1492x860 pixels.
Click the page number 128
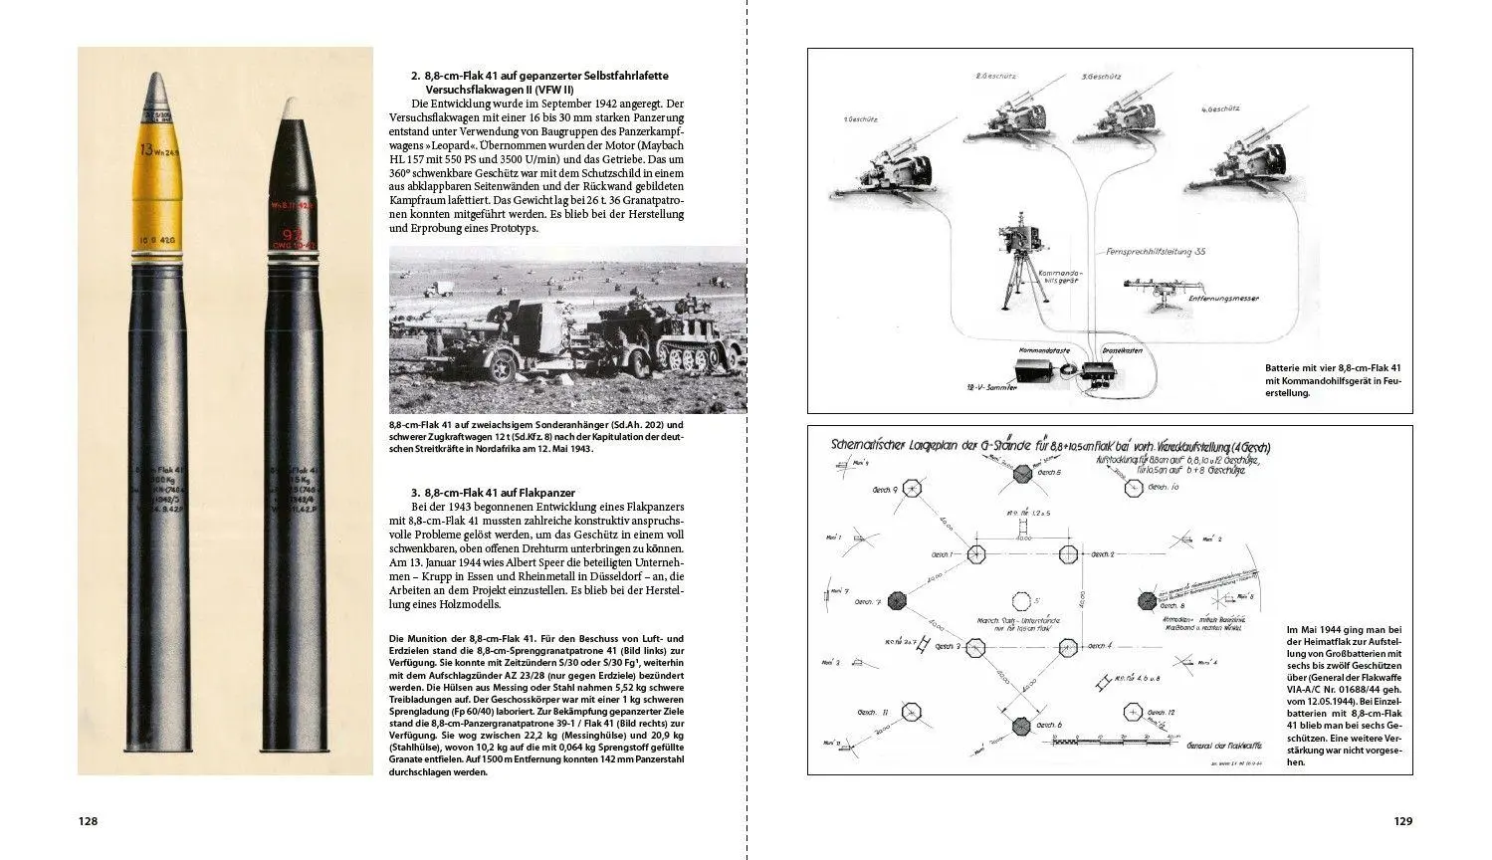click(88, 821)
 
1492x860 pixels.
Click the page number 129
click(1402, 821)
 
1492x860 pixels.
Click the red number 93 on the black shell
click(291, 235)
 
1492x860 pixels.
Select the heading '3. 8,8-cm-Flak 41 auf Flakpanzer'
click(493, 493)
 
